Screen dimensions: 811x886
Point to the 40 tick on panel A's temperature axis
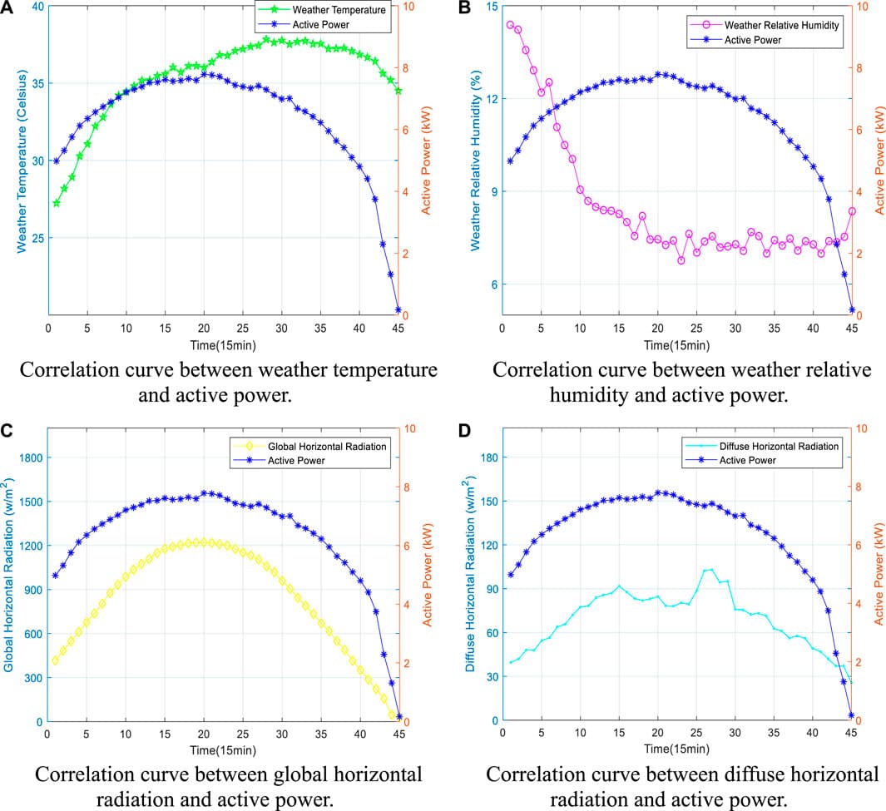coord(37,7)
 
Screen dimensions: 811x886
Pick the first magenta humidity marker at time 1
coord(510,25)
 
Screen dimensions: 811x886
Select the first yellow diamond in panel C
coord(56,660)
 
